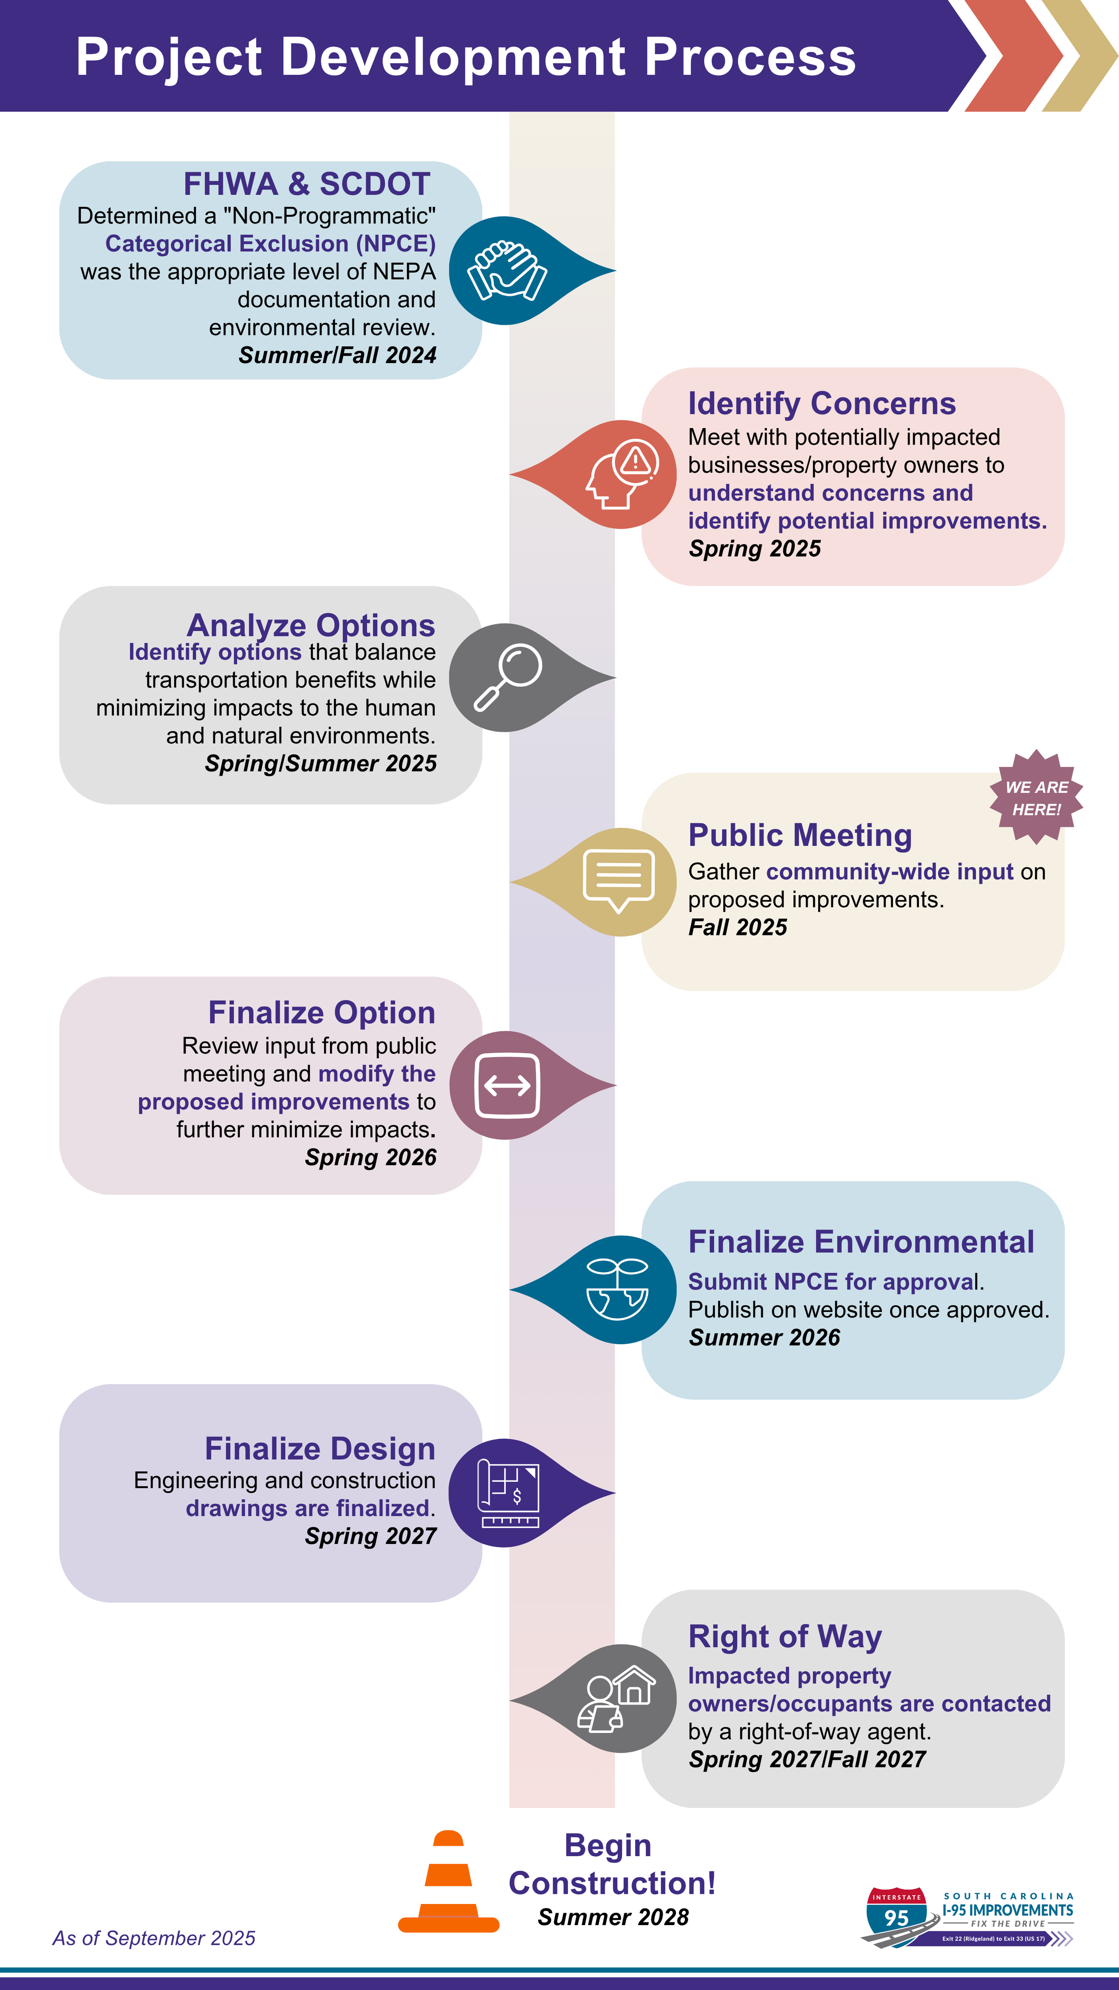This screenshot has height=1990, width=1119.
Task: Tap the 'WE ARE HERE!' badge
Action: click(1036, 798)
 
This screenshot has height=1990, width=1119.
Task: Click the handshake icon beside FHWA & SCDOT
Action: click(507, 271)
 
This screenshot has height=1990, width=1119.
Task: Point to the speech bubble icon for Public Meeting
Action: click(619, 881)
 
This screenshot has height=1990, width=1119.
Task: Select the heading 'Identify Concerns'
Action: click(822, 404)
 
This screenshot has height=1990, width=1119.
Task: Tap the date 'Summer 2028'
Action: click(613, 1917)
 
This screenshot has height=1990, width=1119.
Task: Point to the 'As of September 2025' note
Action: click(154, 1938)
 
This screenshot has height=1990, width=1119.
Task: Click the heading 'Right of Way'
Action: click(785, 1637)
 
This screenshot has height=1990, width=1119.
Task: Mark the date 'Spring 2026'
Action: click(371, 1157)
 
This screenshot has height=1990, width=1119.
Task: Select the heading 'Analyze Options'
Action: click(311, 625)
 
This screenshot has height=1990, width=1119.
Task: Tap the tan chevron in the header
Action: click(1081, 56)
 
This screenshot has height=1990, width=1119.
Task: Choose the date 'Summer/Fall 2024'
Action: click(337, 356)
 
